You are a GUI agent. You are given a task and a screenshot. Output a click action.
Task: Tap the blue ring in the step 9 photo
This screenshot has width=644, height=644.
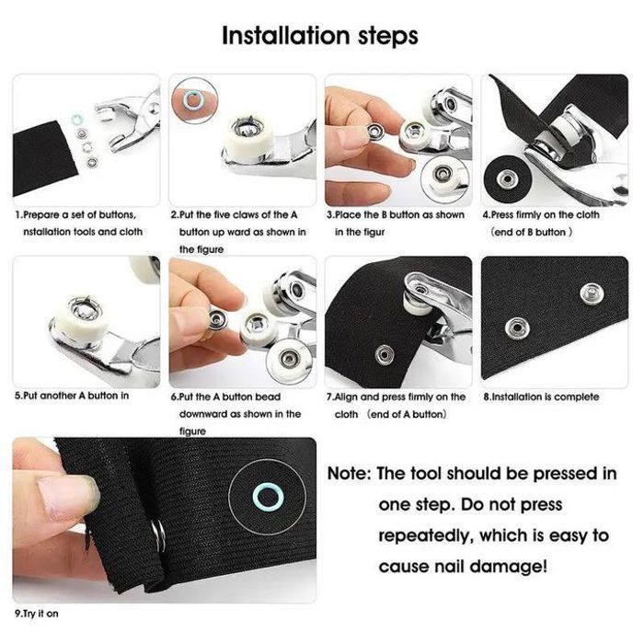[x=268, y=498]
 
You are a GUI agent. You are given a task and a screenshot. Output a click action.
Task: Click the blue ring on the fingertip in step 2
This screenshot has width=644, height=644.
[x=191, y=99]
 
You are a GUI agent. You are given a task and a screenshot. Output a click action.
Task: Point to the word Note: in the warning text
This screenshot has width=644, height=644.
[x=350, y=474]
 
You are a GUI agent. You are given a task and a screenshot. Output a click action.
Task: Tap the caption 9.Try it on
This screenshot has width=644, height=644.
[x=37, y=614]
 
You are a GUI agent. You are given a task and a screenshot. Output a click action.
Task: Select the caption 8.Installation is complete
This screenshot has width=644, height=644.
[x=541, y=397]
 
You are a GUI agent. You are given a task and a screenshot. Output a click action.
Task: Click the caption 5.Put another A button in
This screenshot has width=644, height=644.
[x=72, y=396]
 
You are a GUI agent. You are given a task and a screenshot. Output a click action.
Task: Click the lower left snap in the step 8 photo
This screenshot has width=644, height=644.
[x=517, y=328]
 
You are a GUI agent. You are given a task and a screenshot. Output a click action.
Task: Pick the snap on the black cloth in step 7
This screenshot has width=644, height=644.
[x=385, y=355]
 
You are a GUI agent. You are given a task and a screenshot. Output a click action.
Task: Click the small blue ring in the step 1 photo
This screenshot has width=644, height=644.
[x=76, y=120]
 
